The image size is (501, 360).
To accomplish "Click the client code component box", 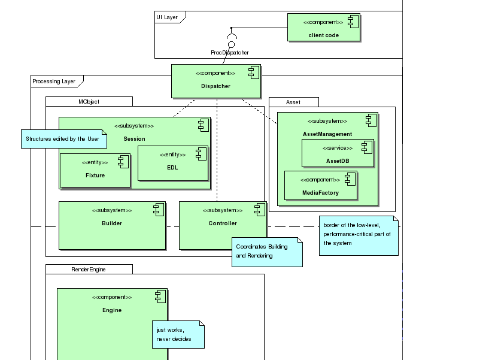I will [x=324, y=28].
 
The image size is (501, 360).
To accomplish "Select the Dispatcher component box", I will [x=216, y=81].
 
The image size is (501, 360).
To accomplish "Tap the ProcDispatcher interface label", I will [x=230, y=53].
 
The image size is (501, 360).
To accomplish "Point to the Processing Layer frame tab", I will [x=56, y=81].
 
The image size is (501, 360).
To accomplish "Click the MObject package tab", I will [x=89, y=102].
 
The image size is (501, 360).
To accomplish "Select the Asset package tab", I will [x=293, y=102].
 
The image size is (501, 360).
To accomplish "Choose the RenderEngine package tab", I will [x=89, y=270].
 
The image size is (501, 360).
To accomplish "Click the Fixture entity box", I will [x=95, y=170].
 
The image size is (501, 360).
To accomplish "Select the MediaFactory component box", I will [x=320, y=186].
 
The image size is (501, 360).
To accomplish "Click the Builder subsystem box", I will [x=112, y=225].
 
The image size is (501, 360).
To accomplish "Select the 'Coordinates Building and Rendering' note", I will [x=267, y=252].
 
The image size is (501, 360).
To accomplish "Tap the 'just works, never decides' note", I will [x=178, y=335].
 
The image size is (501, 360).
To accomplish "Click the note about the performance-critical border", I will [x=358, y=235].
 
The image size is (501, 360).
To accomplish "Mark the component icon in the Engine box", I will [x=160, y=296].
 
